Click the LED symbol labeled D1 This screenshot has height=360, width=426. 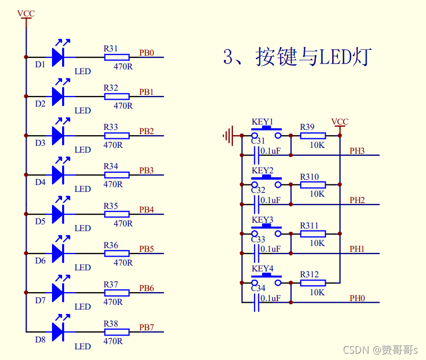[x=58, y=57]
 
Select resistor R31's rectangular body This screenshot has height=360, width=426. [x=117, y=57]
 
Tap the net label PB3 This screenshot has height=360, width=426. [x=146, y=171]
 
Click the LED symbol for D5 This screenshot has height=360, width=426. [x=58, y=214]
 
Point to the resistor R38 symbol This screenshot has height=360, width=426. [x=117, y=332]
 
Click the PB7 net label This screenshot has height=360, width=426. [x=146, y=328]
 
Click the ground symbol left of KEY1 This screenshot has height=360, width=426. [x=228, y=136]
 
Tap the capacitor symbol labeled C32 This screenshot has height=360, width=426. [x=257, y=204]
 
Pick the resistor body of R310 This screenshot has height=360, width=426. [x=313, y=185]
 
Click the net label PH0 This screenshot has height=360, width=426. [x=357, y=298]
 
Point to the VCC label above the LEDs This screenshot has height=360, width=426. [x=25, y=14]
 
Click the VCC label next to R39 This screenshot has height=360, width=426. [x=340, y=122]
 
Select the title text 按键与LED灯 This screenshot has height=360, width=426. [x=297, y=57]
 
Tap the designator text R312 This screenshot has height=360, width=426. [x=309, y=275]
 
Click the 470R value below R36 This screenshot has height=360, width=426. [x=123, y=262]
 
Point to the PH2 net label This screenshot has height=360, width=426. [x=357, y=200]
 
